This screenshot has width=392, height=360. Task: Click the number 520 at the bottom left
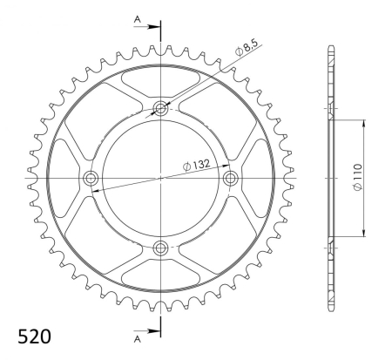coord(34,336)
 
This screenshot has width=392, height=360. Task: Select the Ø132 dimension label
coord(196,165)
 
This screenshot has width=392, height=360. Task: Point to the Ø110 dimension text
coord(358,177)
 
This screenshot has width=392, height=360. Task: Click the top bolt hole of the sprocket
coord(160,109)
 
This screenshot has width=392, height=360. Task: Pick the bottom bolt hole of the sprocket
coord(160,248)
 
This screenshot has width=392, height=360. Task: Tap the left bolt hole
coord(91,178)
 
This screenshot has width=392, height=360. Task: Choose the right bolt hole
coord(230,178)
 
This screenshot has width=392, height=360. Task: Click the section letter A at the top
coord(137,19)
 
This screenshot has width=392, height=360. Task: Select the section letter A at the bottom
coord(137,339)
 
